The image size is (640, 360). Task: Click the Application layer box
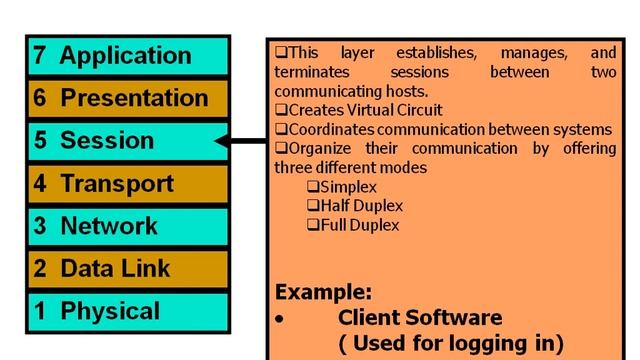coord(127,56)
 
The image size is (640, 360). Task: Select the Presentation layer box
coord(127,98)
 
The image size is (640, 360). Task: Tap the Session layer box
coord(127,141)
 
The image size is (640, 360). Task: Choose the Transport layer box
coord(127,184)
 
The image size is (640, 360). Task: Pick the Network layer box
coord(127,227)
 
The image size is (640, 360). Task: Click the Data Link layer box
coord(127,269)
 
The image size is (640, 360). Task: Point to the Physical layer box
coord(127,311)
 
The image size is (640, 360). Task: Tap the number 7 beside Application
coord(39,56)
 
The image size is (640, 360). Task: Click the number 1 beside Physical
coord(39,311)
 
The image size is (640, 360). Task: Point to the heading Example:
coord(323,293)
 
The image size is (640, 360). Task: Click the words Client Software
coord(420,318)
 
